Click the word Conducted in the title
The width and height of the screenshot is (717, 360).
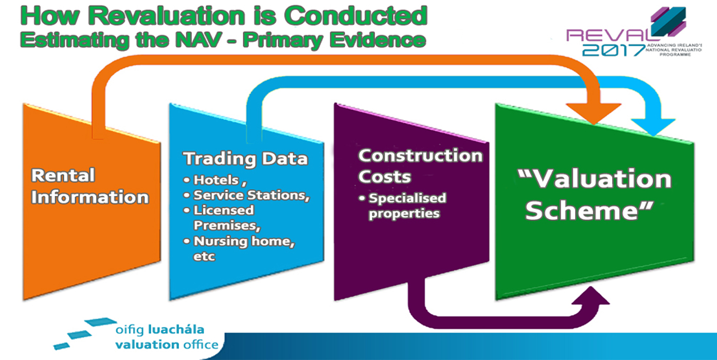click(x=356, y=15)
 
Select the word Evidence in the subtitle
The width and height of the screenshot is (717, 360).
click(x=378, y=40)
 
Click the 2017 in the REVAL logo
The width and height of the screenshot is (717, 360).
click(x=613, y=50)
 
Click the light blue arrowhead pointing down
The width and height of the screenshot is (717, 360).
click(x=653, y=127)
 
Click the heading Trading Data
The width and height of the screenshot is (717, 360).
click(x=245, y=159)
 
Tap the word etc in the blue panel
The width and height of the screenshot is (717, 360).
click(x=204, y=256)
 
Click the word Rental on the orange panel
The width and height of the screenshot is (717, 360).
click(x=63, y=175)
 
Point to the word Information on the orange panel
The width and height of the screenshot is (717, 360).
click(x=90, y=197)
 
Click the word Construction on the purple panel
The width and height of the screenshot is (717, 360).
click(x=420, y=155)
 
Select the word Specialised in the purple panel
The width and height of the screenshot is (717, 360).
click(x=407, y=198)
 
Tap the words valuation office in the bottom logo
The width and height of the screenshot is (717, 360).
click(x=167, y=345)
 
